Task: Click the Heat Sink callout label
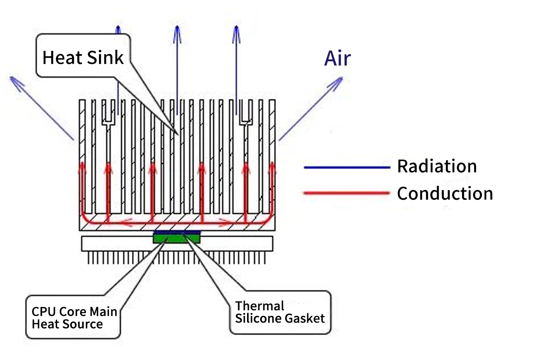click(x=83, y=58)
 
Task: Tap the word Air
click(x=337, y=59)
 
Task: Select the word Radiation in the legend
click(x=436, y=166)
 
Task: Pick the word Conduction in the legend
click(x=445, y=193)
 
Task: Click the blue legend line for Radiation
click(x=346, y=167)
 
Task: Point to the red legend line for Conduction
click(x=346, y=193)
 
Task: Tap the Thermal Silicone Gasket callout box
click(x=280, y=312)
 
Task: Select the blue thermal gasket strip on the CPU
click(x=176, y=233)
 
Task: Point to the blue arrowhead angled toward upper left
click(x=13, y=80)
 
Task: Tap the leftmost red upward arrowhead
click(x=82, y=166)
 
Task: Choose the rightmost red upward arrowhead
click(x=272, y=166)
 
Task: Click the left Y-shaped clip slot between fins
click(x=108, y=118)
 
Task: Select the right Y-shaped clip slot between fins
click(x=246, y=118)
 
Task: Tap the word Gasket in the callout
click(x=305, y=318)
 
